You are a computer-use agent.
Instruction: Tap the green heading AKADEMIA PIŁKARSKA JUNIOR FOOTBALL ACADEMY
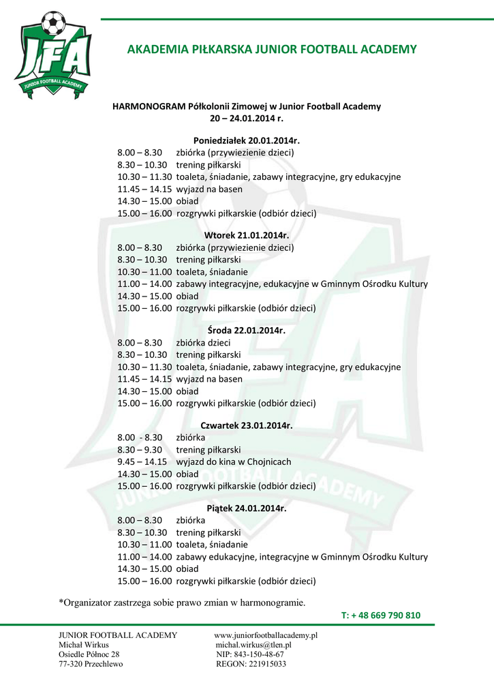pos(272,49)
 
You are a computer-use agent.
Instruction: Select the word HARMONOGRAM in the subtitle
pos(142,106)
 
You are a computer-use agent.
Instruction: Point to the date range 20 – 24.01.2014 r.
pos(246,118)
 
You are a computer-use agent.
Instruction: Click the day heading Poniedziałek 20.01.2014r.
pos(247,140)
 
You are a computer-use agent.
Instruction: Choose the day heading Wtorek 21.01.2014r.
pos(247,236)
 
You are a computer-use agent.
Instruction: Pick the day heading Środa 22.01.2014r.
pos(247,331)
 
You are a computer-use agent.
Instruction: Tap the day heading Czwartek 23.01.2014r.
pos(247,425)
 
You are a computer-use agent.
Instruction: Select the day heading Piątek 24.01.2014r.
pos(247,509)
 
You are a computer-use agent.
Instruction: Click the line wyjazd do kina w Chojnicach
pos(234,461)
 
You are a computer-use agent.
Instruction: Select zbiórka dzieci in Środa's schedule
pos(204,343)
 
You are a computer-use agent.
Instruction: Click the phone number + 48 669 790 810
pos(386,616)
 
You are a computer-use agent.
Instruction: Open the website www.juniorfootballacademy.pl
pos(266,635)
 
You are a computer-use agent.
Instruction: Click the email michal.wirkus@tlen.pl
pos(253,645)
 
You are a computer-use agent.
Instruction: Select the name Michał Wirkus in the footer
pos(83,645)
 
